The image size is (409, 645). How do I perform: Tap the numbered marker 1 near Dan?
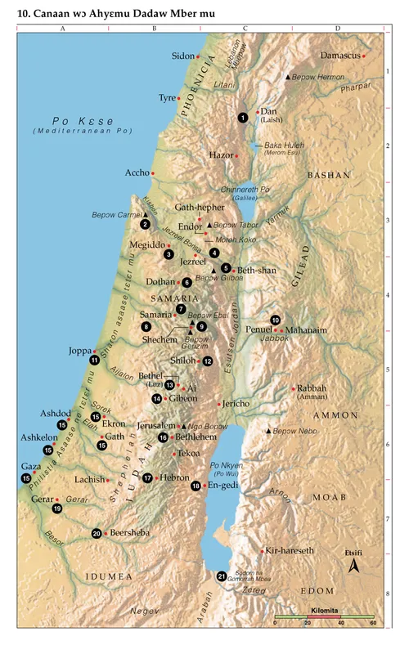click(243, 118)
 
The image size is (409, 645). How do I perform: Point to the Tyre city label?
click(167, 97)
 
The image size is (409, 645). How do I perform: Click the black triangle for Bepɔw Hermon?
click(286, 77)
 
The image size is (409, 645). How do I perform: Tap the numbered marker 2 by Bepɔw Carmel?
click(145, 224)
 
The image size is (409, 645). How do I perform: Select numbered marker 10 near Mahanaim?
click(276, 320)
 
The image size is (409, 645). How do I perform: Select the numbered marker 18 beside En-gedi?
click(196, 486)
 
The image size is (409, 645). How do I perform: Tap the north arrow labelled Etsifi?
click(353, 565)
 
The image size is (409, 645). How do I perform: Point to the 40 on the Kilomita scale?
click(341, 623)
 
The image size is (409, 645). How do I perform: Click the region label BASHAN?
click(328, 175)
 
